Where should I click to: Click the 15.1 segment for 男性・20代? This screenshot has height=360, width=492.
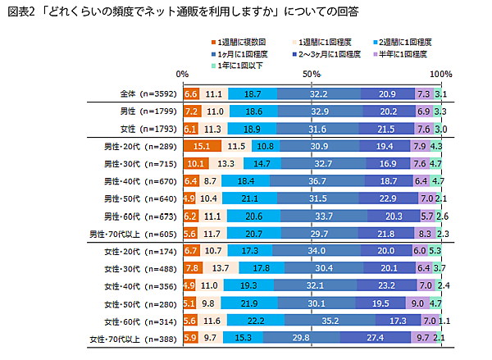click(x=202, y=146)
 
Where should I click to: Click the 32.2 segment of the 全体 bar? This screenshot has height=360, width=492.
click(x=318, y=94)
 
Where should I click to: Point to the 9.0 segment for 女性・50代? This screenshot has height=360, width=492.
click(x=417, y=303)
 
